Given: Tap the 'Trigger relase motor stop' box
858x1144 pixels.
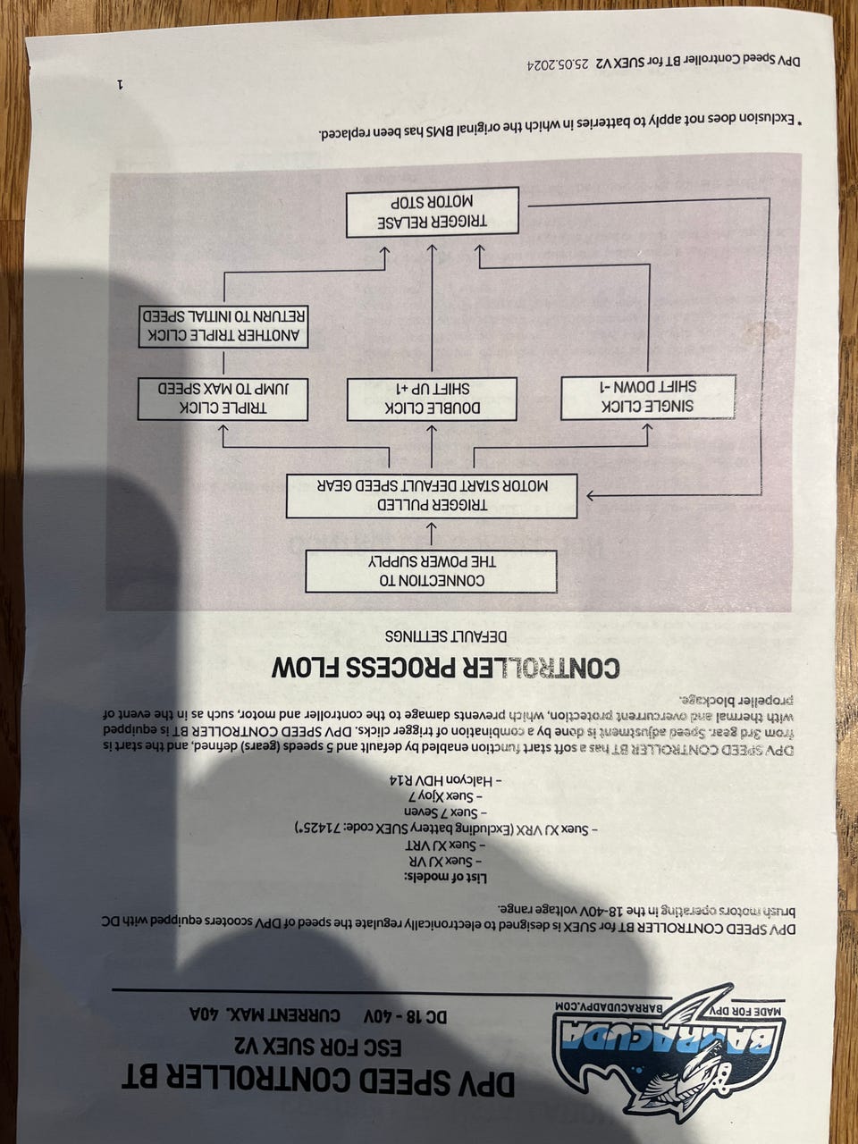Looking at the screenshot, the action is click(x=432, y=213).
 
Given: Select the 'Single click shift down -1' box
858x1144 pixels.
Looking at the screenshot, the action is click(x=648, y=397).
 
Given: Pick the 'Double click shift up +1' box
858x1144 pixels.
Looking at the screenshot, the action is click(x=432, y=400).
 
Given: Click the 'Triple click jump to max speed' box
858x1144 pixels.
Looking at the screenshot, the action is click(x=223, y=400).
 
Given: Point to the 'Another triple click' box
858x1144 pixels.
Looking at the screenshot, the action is click(x=223, y=326).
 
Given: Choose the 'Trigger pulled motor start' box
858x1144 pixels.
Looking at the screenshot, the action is click(x=432, y=496).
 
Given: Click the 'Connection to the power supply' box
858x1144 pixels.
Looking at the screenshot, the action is click(x=432, y=571).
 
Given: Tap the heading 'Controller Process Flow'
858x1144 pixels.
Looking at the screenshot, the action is click(x=445, y=668).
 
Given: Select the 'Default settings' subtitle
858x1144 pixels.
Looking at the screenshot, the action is click(x=446, y=637).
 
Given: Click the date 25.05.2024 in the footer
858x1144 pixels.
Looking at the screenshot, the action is click(x=558, y=64).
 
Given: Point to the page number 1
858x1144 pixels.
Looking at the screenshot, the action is click(x=121, y=83).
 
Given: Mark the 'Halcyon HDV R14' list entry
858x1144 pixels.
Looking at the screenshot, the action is click(x=446, y=780).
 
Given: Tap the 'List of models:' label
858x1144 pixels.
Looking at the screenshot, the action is click(x=445, y=878).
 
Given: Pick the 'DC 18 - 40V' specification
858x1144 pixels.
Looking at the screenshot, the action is click(x=406, y=1017).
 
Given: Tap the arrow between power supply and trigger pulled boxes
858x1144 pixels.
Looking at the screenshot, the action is click(x=431, y=534).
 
